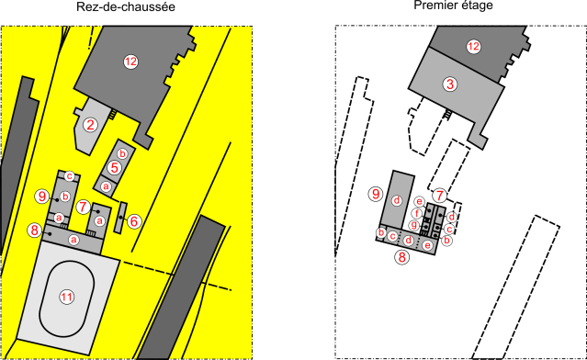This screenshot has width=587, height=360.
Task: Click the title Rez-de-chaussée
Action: click(126, 8)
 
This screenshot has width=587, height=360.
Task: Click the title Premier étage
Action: click(454, 6)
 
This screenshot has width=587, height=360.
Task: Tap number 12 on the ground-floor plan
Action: click(130, 62)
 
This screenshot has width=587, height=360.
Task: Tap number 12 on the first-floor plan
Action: click(473, 47)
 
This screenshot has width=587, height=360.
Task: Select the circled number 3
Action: click(449, 84)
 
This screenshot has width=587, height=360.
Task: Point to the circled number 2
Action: click(90, 125)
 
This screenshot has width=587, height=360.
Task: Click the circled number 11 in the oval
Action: click(66, 296)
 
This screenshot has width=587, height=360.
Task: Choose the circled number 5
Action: click(114, 168)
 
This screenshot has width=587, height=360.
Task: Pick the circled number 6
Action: click(133, 221)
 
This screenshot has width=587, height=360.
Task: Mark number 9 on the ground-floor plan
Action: click(40, 196)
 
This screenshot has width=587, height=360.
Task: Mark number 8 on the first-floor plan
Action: click(401, 258)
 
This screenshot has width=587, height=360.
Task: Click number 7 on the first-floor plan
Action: click(440, 195)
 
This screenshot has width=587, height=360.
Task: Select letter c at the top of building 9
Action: click(69, 176)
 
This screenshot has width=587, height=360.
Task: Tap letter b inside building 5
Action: click(122, 152)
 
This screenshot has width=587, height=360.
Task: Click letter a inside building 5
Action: click(106, 186)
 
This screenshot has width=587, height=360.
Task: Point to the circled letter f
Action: click(416, 213)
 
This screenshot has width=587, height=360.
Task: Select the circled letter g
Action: click(413, 225)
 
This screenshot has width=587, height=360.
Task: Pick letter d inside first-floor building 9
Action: click(397, 200)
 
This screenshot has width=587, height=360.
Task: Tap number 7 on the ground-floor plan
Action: click(83, 207)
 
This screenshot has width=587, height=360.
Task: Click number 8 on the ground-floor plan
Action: click(34, 230)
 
